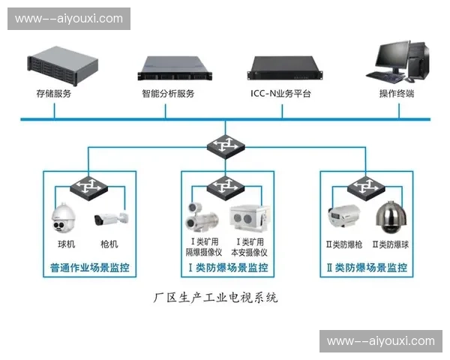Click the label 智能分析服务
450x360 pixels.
pyautogui.click(x=168, y=94)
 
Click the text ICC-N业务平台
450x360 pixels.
pyautogui.click(x=280, y=94)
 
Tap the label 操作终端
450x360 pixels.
pyautogui.click(x=397, y=94)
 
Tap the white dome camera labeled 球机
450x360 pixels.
pyautogui.click(x=65, y=218)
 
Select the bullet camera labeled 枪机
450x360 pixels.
pyautogui.click(x=110, y=220)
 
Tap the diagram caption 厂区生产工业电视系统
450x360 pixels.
pyautogui.click(x=215, y=297)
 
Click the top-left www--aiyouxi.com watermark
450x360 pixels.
pyautogui.click(x=68, y=18)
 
